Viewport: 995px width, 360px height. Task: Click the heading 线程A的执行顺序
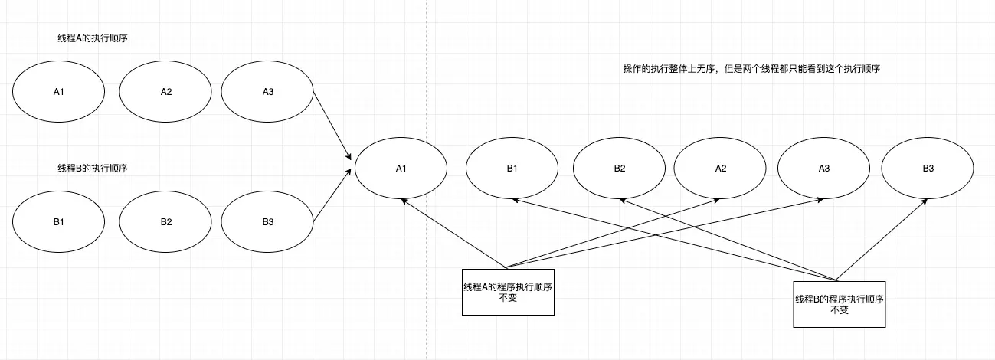(93, 38)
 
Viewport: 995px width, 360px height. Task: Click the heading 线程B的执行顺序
(93, 168)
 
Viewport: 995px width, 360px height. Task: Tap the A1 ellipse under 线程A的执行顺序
(58, 92)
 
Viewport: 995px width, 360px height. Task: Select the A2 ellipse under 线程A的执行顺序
(166, 92)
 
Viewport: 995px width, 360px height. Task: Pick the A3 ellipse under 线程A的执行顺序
(267, 92)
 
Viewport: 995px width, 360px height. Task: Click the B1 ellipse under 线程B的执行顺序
(58, 222)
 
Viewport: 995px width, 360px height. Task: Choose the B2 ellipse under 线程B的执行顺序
(166, 222)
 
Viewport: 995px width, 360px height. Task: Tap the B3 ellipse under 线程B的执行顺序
(267, 222)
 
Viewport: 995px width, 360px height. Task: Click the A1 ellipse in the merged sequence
(400, 169)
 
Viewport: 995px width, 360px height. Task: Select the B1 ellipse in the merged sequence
(512, 169)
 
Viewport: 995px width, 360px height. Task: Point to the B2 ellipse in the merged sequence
(619, 169)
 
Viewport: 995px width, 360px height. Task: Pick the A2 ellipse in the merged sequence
(720, 169)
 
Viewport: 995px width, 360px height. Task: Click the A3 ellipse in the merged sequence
(824, 169)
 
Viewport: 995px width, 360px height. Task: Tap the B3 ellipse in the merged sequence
(928, 169)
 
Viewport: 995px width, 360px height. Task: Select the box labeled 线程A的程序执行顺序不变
(507, 292)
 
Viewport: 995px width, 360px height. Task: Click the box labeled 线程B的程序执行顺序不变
(839, 304)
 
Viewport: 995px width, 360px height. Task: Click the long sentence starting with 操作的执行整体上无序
(750, 69)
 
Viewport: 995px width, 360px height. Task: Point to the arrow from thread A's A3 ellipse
(332, 126)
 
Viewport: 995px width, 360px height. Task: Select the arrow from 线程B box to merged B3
(882, 238)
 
